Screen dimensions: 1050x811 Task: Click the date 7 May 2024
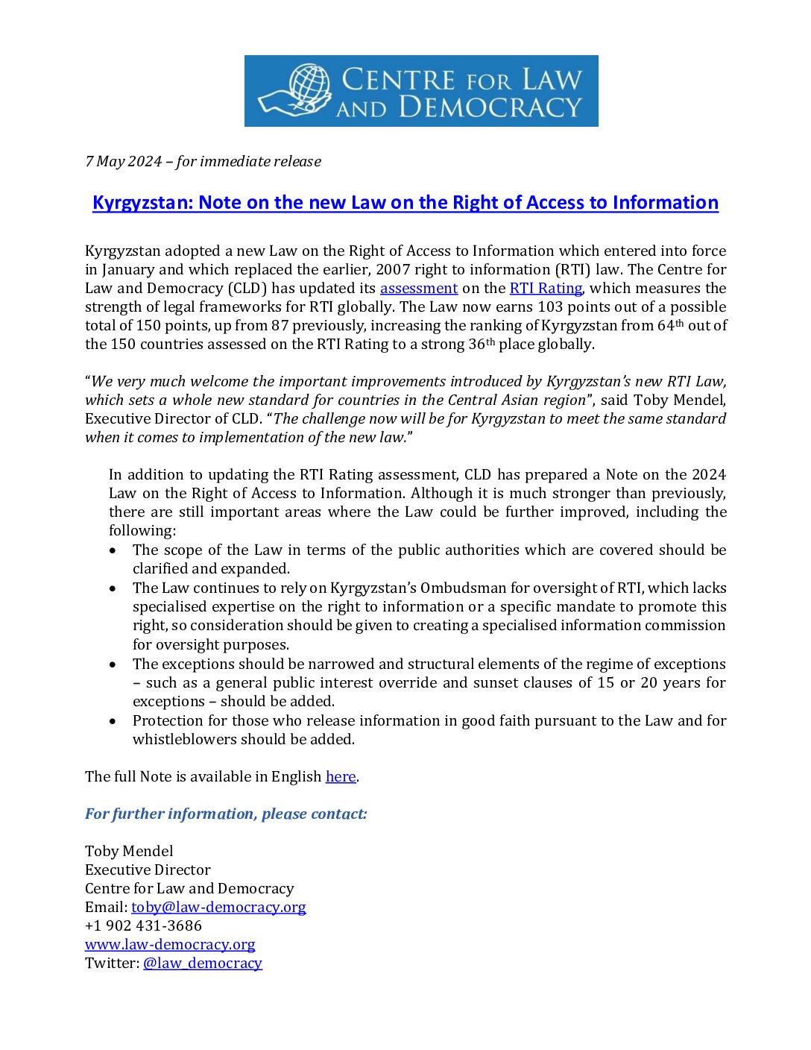pos(123,161)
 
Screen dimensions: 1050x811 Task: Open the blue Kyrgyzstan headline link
pos(405,203)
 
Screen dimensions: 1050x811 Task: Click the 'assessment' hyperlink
pos(418,289)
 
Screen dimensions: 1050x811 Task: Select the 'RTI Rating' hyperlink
pos(545,289)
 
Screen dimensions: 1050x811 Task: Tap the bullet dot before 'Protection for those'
pos(113,721)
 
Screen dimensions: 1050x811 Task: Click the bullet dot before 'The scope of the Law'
pos(113,550)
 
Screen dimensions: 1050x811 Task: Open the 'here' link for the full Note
pos(340,777)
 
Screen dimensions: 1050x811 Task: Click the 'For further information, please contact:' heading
pos(226,814)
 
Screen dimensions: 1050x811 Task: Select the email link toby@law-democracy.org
pos(218,908)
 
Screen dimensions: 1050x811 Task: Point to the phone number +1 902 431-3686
pos(143,926)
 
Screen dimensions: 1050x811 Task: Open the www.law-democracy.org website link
pos(170,945)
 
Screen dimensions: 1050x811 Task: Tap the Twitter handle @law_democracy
pos(202,963)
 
